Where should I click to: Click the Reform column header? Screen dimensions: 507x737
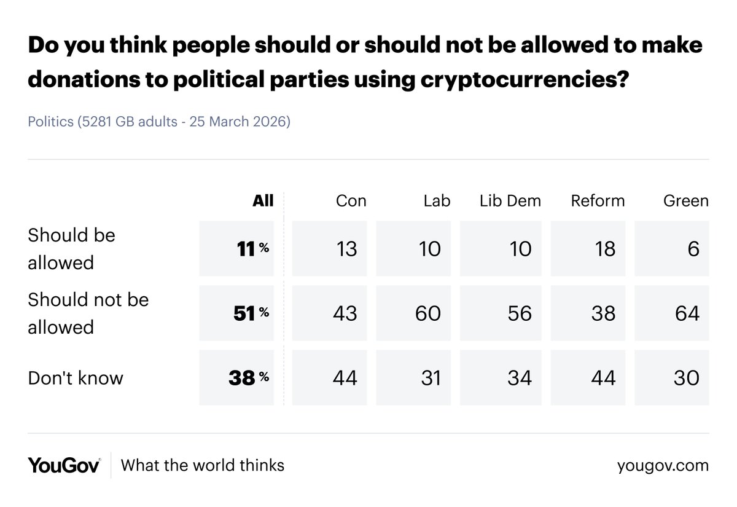[x=597, y=201]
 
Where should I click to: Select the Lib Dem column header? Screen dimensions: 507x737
[x=510, y=201]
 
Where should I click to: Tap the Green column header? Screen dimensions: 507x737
[x=685, y=201]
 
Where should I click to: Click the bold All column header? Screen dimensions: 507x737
[x=263, y=201]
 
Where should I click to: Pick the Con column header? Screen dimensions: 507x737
[x=351, y=201]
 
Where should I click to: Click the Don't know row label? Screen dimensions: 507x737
[x=76, y=378]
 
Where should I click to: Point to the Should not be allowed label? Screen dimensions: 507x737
[x=88, y=313]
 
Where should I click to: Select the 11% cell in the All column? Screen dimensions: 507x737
[x=237, y=249]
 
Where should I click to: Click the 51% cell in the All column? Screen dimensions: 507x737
[x=237, y=313]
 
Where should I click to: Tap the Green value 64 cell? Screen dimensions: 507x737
[x=671, y=313]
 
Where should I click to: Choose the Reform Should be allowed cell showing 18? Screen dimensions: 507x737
[x=588, y=249]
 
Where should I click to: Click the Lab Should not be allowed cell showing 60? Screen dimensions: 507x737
[x=413, y=313]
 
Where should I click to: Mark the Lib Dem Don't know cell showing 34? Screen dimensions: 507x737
[x=501, y=378]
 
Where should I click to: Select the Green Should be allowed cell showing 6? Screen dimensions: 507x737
[x=671, y=249]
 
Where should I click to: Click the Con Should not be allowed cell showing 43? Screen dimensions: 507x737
[x=329, y=313]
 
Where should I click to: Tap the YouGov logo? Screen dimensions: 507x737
[x=64, y=465]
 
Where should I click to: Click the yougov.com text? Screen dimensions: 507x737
[x=663, y=466]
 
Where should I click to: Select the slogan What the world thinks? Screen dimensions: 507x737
[x=203, y=465]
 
